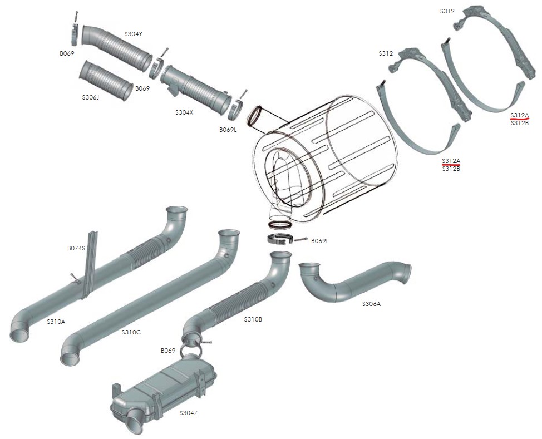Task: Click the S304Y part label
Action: coord(134,34)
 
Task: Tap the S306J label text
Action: coord(90,97)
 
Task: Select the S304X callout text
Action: coord(184,112)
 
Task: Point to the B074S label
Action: coord(76,248)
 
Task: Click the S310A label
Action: coord(56,321)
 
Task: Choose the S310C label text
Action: coord(131,332)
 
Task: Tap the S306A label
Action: coord(371,304)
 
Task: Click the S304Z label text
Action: coord(188,412)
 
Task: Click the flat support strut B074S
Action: coord(89,264)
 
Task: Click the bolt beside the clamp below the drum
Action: coord(301,240)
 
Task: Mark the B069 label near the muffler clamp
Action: coord(168,351)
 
